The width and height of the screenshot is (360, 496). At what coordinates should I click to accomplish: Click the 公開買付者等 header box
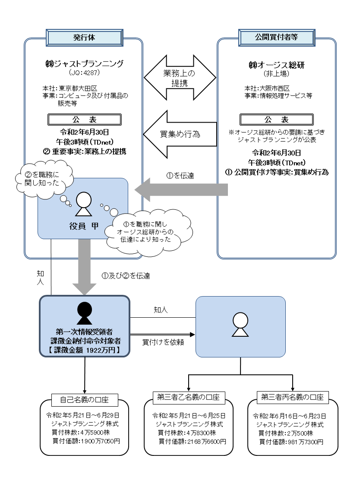click(x=276, y=37)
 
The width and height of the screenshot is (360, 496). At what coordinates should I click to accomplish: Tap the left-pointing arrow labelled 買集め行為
click(x=179, y=134)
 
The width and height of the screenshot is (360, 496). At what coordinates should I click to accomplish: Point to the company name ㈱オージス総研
click(x=276, y=65)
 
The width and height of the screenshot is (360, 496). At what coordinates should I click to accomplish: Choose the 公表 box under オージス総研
click(x=276, y=120)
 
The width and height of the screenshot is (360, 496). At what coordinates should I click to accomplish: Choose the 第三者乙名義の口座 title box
click(x=188, y=397)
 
